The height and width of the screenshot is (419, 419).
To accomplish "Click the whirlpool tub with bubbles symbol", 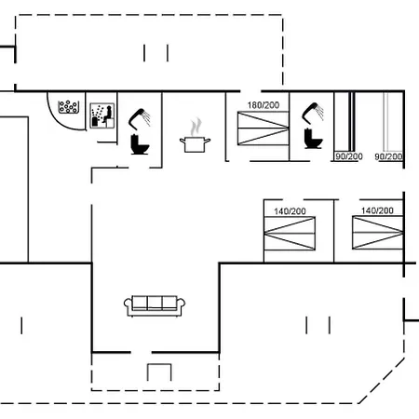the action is coord(69,106).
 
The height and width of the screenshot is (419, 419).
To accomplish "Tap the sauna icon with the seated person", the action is coord(102,115).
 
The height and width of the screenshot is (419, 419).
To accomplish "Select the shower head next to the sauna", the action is coord(140,118).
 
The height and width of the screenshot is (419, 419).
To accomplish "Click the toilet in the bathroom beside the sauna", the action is coord(140,144).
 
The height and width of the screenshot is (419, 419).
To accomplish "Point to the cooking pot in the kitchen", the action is coord(195,144).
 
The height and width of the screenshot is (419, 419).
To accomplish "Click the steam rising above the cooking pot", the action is coord(196,127).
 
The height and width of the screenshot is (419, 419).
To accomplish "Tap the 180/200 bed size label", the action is coord(264,105).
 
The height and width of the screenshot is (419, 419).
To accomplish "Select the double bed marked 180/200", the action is coord(264,128).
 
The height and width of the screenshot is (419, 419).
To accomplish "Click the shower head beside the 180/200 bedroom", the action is coord(313,113).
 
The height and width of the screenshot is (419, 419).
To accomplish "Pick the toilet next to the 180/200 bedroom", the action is coord(313,139).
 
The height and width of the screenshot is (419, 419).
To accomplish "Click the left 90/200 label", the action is coord(349,156).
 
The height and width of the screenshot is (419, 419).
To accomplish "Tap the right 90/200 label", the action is coord(388,156).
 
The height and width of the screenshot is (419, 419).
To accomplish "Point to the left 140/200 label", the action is coord(290,211).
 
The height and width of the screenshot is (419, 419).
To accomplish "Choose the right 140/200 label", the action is coord(377,210).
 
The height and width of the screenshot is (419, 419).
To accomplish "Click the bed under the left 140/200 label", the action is coord(290,234).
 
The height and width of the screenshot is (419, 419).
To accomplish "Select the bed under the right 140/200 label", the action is coord(378,233).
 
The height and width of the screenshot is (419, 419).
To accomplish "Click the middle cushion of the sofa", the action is coord(155,303).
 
